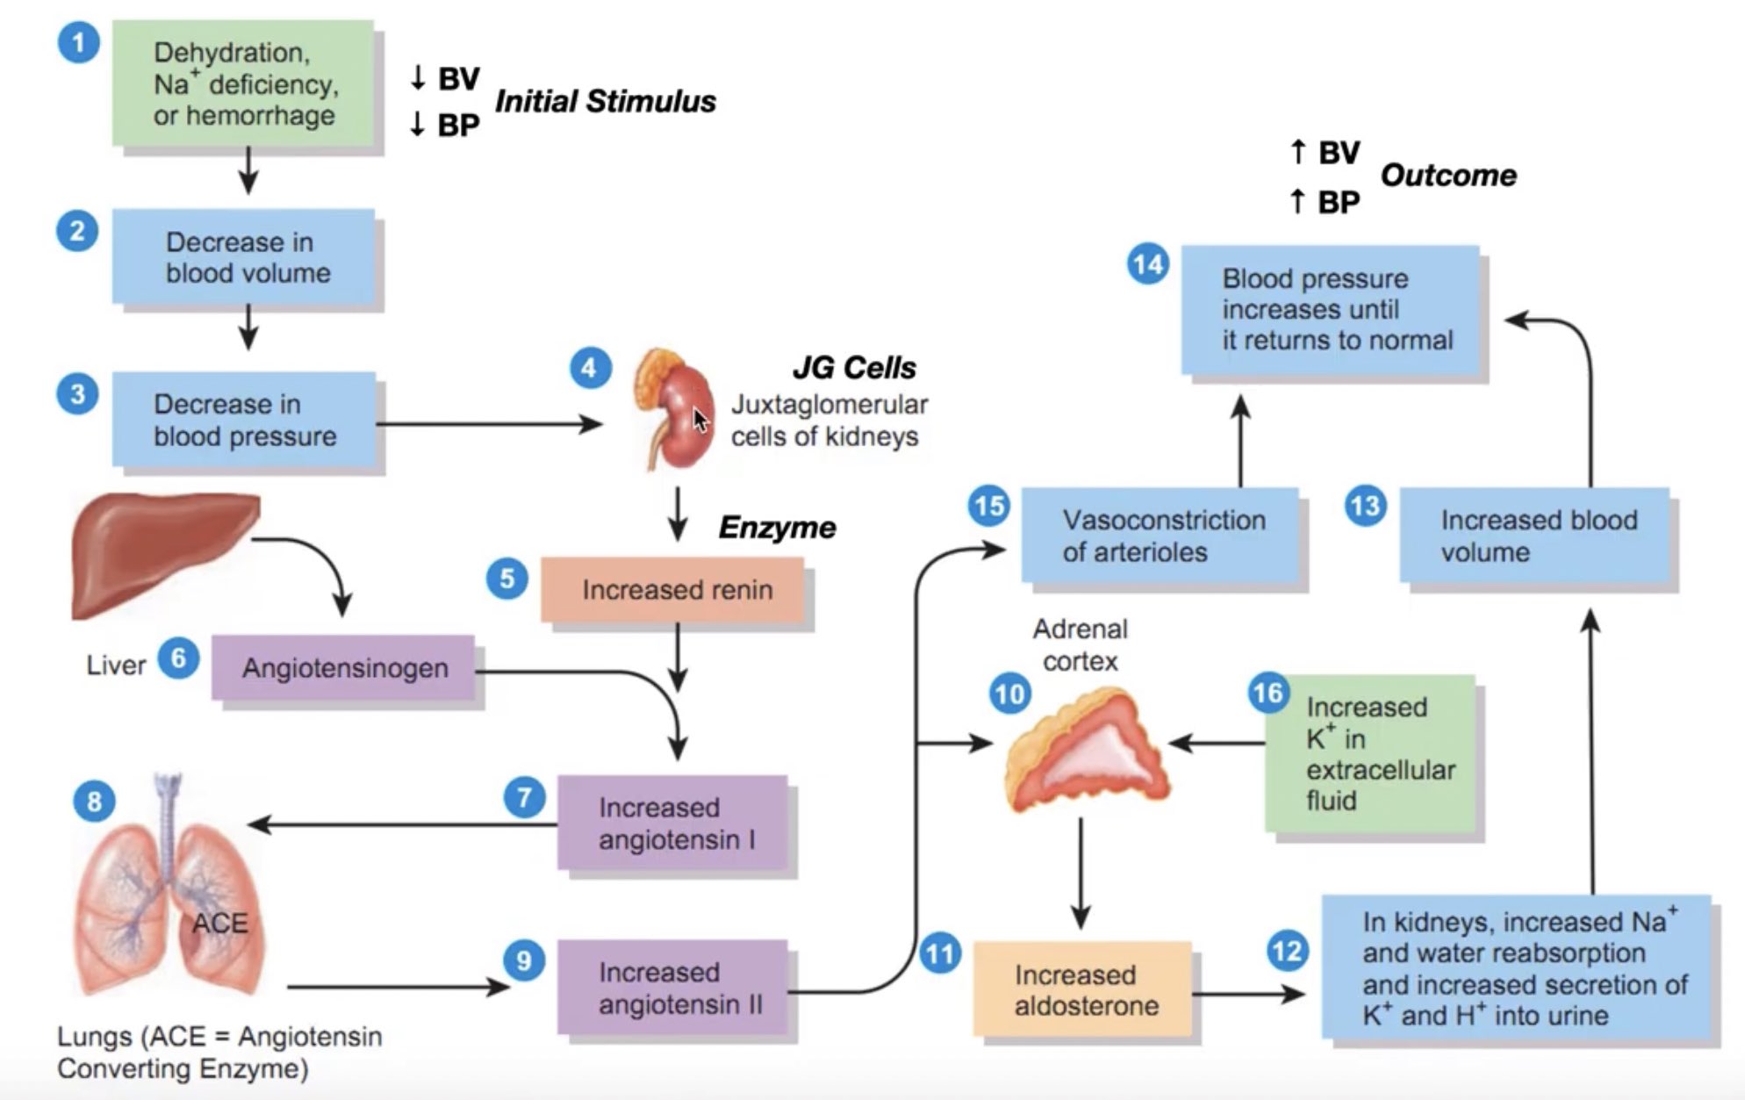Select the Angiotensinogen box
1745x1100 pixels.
click(x=343, y=668)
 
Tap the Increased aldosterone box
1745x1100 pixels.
click(x=1083, y=989)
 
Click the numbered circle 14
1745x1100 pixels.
click(x=1148, y=264)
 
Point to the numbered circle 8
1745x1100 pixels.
click(x=94, y=801)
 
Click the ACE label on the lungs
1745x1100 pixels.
click(x=219, y=924)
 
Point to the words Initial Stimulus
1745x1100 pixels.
click(x=605, y=102)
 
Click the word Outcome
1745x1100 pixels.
click(x=1448, y=176)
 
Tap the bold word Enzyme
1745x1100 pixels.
click(x=777, y=528)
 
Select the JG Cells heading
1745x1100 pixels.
click(x=854, y=368)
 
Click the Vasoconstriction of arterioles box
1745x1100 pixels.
click(x=1160, y=536)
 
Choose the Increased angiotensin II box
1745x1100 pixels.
click(x=672, y=988)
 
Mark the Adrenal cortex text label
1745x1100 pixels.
click(x=1080, y=645)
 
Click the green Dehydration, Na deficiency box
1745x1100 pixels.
click(x=243, y=83)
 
